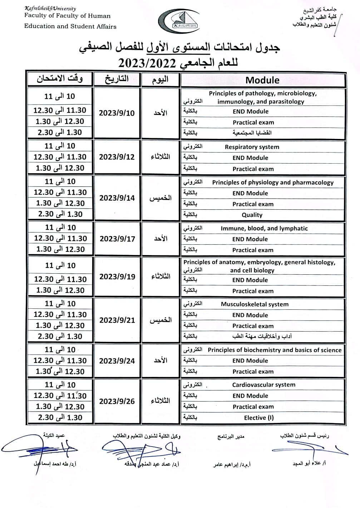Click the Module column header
coord(262,80)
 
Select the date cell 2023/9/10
coord(117,113)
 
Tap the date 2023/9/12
coord(117,157)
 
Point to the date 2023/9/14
coord(117,198)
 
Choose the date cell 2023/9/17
coord(117,239)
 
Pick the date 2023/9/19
coord(117,277)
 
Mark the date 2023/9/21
coord(117,320)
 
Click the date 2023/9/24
coord(117,361)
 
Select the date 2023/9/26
coord(117,401)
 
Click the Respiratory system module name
coord(252,147)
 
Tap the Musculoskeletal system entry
coord(255,304)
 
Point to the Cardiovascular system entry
coord(264,385)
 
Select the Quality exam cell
coord(252,215)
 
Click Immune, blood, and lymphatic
coord(264,228)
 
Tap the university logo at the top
coord(179,21)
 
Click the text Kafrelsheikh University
coord(50,8)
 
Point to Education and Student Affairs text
coord(70,26)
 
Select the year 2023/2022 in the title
coord(147,63)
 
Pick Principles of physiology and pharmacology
coord(273,182)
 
